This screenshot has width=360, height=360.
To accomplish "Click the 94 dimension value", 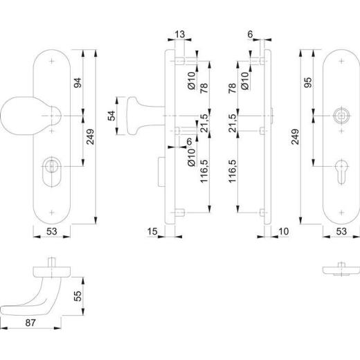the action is (78, 83).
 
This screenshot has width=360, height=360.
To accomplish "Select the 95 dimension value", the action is (308, 82).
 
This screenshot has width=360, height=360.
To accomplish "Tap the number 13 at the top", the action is (180, 35).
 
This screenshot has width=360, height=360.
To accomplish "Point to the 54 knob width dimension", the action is (111, 116).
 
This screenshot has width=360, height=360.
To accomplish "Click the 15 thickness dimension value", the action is (152, 231).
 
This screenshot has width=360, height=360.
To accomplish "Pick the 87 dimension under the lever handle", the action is (30, 323).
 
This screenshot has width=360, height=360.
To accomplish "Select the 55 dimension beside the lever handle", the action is (78, 296).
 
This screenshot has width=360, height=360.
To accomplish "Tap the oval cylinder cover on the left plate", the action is (52, 171).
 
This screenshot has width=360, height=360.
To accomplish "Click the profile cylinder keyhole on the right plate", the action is (341, 171).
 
